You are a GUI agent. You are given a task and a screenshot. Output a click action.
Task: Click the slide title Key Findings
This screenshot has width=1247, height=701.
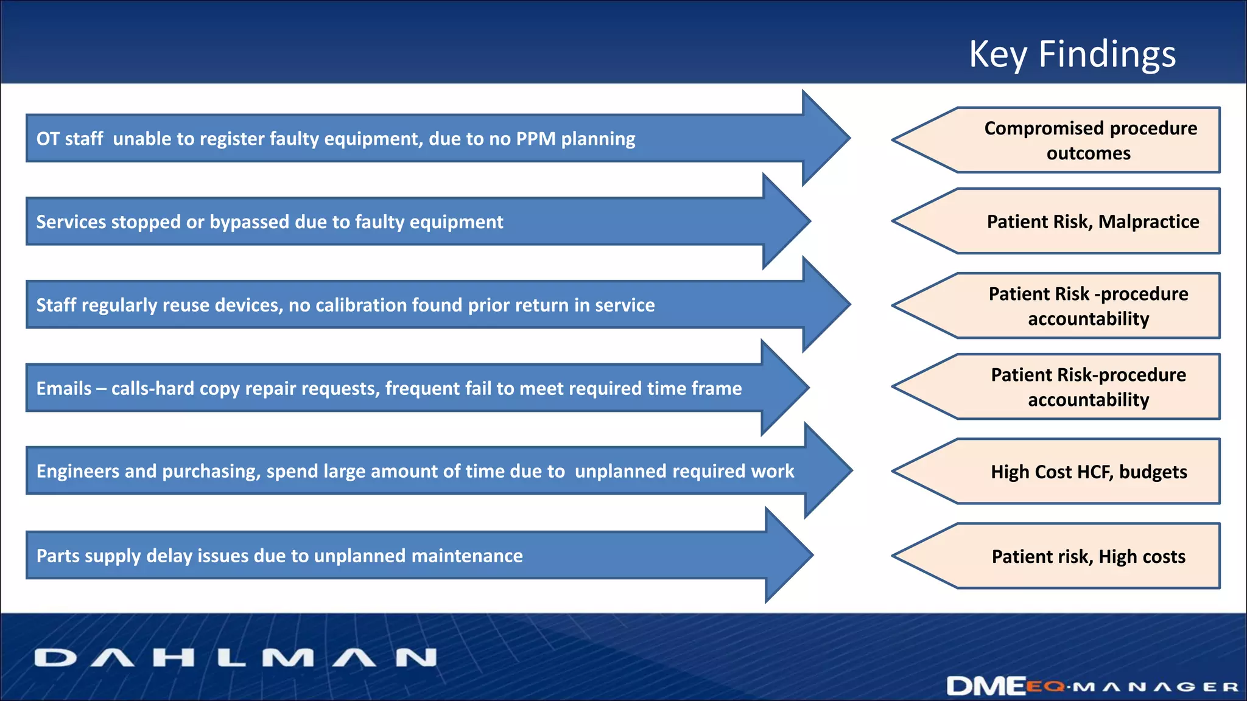1072,55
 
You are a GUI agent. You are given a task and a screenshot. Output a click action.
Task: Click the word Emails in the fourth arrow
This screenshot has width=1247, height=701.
64,388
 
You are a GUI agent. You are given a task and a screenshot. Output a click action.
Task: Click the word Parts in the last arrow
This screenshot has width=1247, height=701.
58,556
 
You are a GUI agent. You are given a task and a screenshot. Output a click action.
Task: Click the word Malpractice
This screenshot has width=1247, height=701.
1148,221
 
